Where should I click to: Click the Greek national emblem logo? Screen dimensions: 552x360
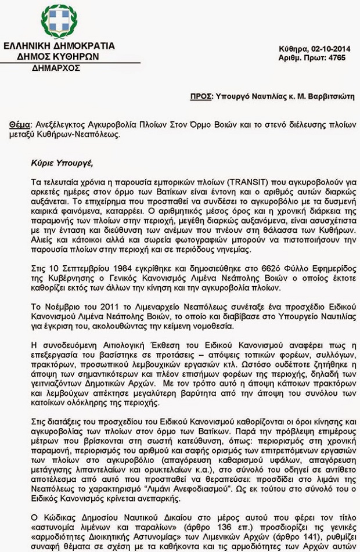click(x=59, y=21)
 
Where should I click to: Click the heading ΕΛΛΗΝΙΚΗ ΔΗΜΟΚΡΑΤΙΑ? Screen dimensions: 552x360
click(x=59, y=46)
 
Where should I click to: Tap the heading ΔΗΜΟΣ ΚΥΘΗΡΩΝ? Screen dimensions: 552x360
click(x=58, y=56)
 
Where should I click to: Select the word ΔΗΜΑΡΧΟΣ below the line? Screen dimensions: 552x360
click(x=56, y=68)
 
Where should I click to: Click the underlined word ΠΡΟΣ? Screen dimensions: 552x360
click(x=200, y=96)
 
